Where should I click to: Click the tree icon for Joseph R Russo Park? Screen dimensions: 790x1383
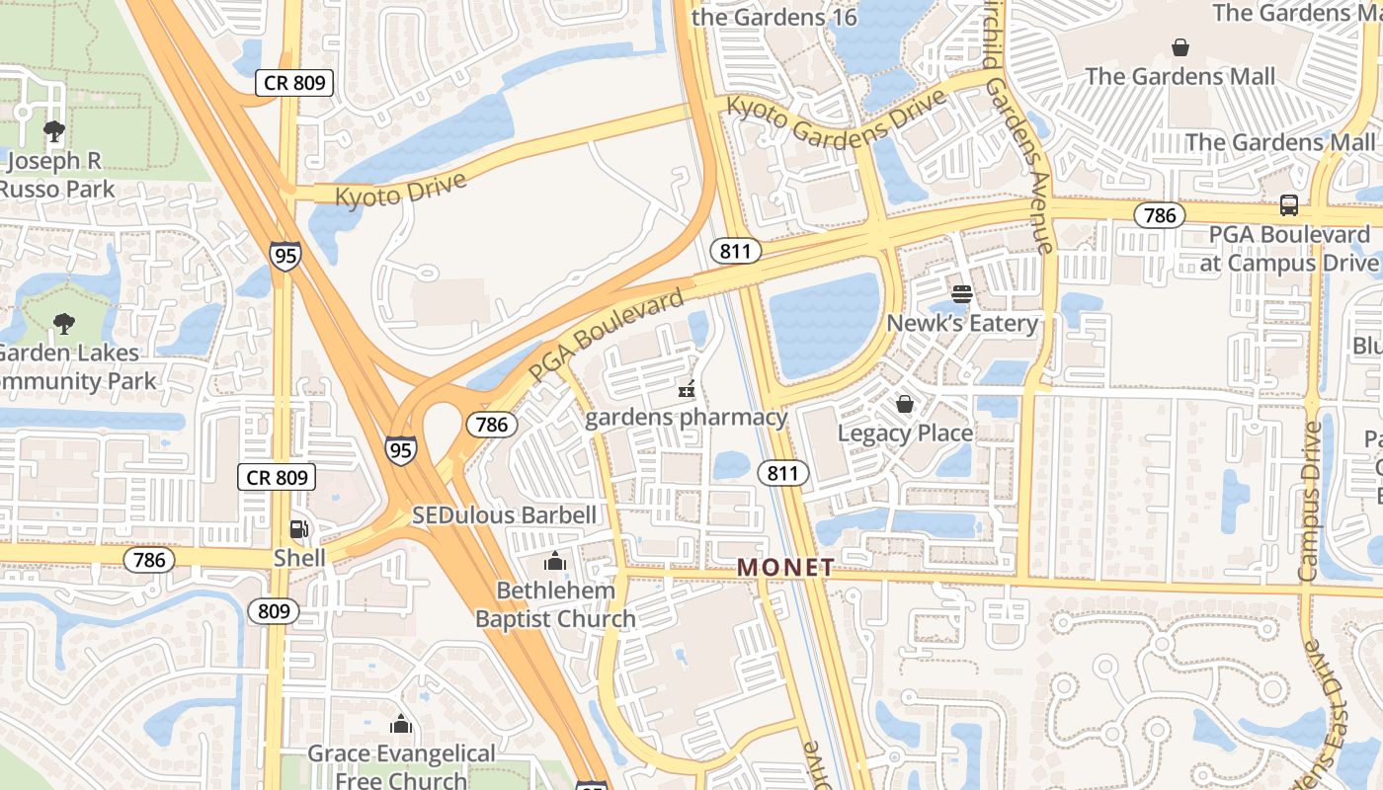pyautogui.click(x=53, y=130)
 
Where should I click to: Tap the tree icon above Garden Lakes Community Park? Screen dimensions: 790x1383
pyautogui.click(x=64, y=323)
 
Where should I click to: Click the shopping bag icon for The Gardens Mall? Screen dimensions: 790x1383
pyautogui.click(x=1180, y=47)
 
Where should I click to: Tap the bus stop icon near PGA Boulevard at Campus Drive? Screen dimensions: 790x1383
pyautogui.click(x=1288, y=205)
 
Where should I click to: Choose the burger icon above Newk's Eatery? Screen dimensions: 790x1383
pyautogui.click(x=961, y=294)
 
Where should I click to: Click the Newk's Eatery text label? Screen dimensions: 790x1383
pyautogui.click(x=961, y=324)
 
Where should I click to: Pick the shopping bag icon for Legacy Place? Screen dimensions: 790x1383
pyautogui.click(x=904, y=404)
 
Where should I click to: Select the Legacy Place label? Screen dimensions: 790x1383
pyautogui.click(x=905, y=434)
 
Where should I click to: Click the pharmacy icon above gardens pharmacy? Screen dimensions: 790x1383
pyautogui.click(x=686, y=389)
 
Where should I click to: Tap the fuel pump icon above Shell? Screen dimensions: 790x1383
pyautogui.click(x=299, y=529)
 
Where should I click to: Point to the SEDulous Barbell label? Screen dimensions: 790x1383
pyautogui.click(x=504, y=515)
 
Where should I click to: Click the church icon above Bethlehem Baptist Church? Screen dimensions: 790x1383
pyautogui.click(x=554, y=562)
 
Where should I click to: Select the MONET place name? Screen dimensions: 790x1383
pyautogui.click(x=785, y=568)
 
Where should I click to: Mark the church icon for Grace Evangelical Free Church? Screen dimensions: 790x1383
pyautogui.click(x=400, y=725)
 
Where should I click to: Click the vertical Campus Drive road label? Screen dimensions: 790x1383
pyautogui.click(x=1309, y=501)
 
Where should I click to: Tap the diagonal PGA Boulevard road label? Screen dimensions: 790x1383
pyautogui.click(x=605, y=336)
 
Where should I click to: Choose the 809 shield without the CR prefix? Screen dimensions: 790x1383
pyautogui.click(x=273, y=611)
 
